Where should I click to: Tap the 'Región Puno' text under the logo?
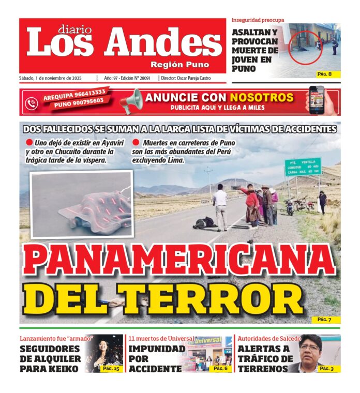(x=179, y=65)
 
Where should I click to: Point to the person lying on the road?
(x=204, y=222)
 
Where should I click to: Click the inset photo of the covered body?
(x=81, y=205)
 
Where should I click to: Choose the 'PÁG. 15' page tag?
(x=111, y=368)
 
